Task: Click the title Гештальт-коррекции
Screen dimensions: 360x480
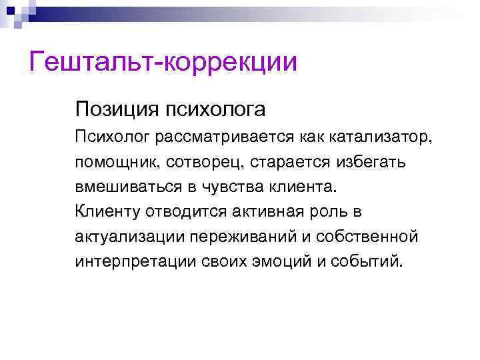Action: click(x=163, y=63)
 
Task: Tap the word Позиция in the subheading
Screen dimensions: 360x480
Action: click(x=108, y=108)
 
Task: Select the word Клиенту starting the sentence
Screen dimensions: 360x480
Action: click(x=103, y=211)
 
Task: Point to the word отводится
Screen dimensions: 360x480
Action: click(x=180, y=211)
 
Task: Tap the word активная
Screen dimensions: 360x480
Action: click(x=271, y=211)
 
